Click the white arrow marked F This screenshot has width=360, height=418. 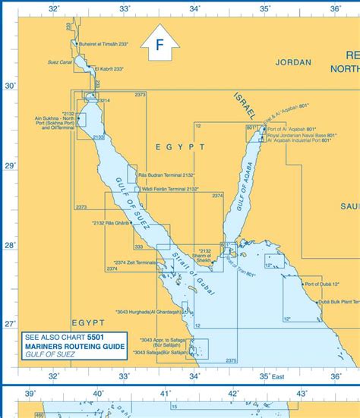(x=159, y=47)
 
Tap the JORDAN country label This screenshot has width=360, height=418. (x=293, y=63)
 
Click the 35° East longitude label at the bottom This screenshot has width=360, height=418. (x=270, y=375)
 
